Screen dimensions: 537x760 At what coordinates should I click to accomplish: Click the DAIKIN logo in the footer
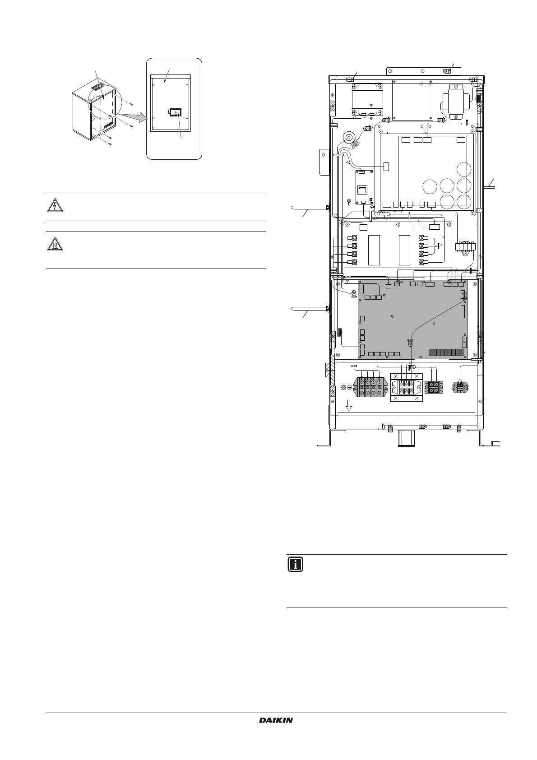pos(276,721)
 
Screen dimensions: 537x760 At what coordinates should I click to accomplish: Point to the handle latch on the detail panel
pos(175,112)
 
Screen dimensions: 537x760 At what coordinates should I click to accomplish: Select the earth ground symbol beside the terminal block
pos(345,388)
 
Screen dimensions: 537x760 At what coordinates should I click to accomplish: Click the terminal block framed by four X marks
pos(407,388)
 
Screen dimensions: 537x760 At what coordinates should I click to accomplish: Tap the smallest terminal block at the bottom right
pos(460,387)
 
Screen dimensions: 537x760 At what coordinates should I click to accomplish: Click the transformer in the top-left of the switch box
pos(367,99)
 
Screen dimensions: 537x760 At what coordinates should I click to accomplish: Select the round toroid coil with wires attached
pos(348,137)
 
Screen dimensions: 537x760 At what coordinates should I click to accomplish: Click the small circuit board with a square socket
pos(363,187)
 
